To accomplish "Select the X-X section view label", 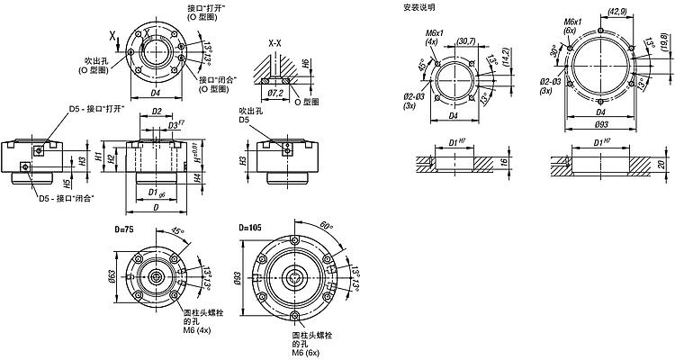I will tap(276, 42).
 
